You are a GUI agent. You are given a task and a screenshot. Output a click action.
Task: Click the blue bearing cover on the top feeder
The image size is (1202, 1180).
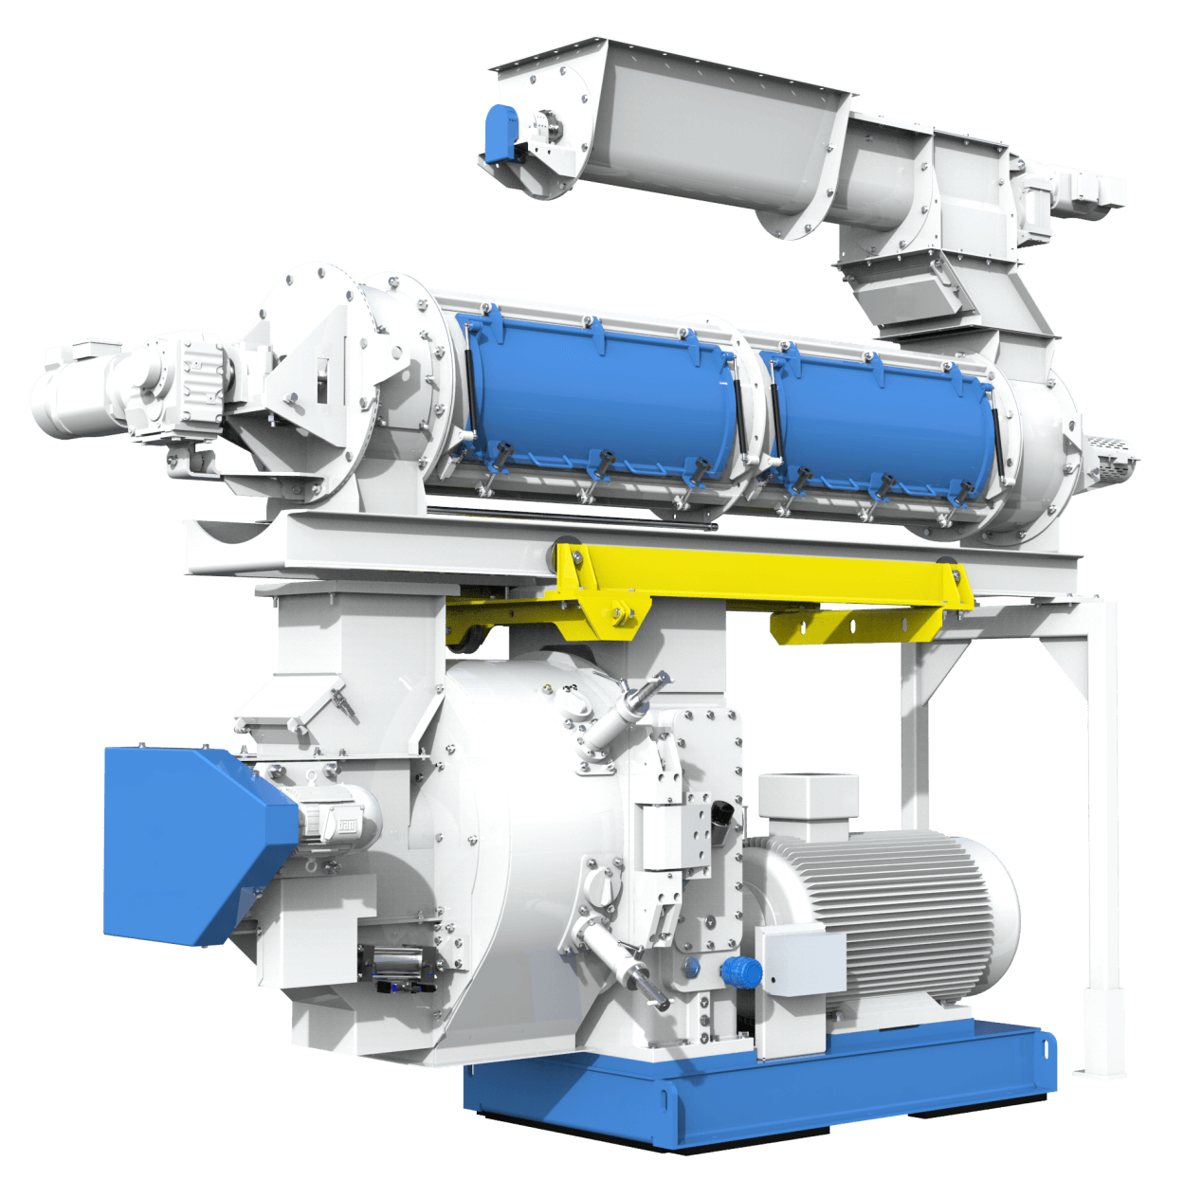[x=501, y=131]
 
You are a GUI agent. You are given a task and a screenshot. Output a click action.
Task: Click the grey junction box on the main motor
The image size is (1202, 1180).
[x=799, y=958]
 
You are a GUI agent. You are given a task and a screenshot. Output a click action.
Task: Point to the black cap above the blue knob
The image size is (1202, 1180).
[x=722, y=813]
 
